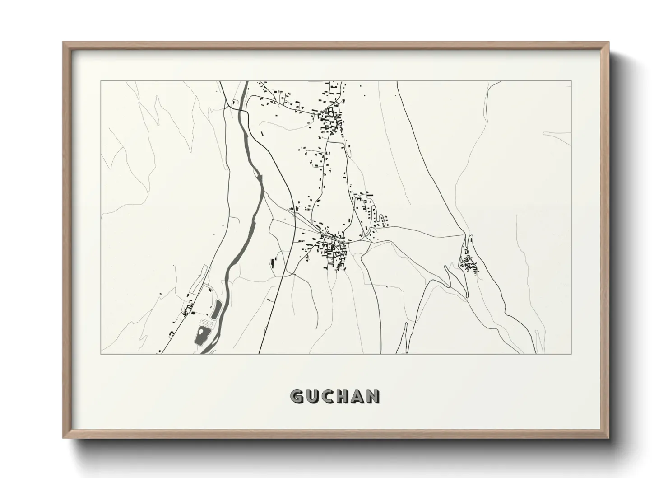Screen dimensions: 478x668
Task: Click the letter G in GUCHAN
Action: pos(297,396)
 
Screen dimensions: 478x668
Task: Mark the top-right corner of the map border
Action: pos(571,81)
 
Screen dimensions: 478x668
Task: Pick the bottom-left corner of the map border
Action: pos(101,354)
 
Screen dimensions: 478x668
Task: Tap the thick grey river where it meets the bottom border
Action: pos(206,352)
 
